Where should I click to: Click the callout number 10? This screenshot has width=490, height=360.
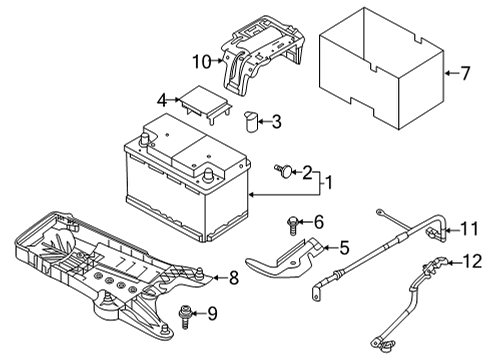202,62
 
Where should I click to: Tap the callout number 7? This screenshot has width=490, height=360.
465,73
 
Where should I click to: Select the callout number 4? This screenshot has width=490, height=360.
162,100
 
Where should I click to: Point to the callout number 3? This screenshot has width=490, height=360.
276,122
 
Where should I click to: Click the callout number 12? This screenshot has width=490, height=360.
473,261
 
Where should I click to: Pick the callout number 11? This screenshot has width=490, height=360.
470,229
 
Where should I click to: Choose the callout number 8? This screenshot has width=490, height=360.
234,277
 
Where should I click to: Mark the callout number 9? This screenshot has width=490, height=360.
212,313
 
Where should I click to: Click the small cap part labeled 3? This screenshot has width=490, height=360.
251,122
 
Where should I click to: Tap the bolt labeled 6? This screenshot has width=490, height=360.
292,225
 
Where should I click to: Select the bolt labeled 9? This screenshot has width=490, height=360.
184,317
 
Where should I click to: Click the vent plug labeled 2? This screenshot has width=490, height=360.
284,171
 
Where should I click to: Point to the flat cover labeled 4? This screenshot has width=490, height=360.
204,103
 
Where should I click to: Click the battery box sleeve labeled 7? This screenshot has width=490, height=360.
382,68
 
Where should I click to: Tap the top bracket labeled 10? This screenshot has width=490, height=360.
262,55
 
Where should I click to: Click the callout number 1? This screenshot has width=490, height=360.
329,183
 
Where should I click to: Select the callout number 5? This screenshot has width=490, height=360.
344,248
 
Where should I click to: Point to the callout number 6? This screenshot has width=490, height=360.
319,222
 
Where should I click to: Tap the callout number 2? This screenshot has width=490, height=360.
307,172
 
